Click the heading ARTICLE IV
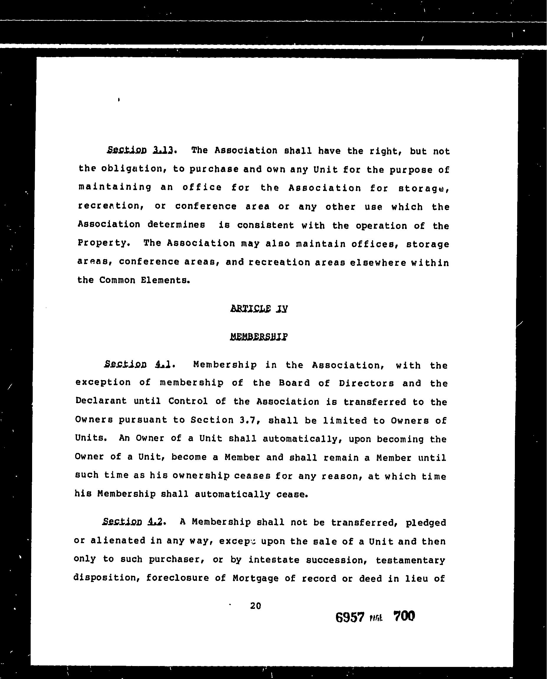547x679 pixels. click(x=259, y=308)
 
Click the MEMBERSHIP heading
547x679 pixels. click(x=259, y=337)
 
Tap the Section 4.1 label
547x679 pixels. click(x=138, y=365)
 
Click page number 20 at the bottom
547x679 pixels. click(x=256, y=606)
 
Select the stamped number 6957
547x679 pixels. click(x=350, y=617)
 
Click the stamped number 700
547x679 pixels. click(x=404, y=616)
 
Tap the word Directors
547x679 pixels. click(x=366, y=383)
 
